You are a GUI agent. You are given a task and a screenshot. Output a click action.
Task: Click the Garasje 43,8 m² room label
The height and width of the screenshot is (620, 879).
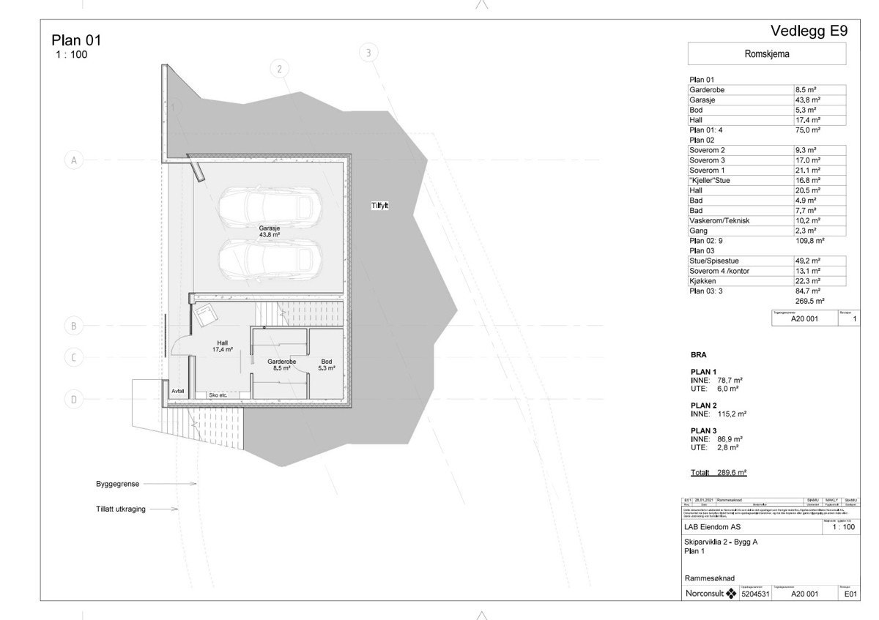[x=269, y=231]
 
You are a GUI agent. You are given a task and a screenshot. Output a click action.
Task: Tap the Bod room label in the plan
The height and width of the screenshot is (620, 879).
[x=327, y=365]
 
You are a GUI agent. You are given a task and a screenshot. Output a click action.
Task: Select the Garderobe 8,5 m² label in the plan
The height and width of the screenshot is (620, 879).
[x=281, y=365]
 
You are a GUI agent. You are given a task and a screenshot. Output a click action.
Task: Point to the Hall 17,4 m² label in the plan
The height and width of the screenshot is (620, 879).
[x=223, y=346]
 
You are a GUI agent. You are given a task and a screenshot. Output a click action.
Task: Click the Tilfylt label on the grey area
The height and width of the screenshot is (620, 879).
[x=379, y=206]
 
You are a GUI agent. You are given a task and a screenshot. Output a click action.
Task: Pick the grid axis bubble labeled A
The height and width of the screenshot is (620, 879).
[x=73, y=160]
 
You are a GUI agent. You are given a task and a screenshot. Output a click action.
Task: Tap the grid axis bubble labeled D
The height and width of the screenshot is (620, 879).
[x=73, y=399]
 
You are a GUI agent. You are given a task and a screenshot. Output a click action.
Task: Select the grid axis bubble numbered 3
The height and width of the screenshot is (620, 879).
[x=368, y=53]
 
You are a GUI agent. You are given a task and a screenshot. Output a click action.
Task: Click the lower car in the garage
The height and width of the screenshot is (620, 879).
[x=268, y=258]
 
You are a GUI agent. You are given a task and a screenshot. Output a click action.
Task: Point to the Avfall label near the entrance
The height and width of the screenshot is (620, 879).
[x=178, y=392]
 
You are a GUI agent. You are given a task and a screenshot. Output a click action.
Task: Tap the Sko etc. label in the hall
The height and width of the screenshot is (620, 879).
[x=218, y=395]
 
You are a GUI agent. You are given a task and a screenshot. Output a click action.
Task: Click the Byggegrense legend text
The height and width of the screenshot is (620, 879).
[x=117, y=484]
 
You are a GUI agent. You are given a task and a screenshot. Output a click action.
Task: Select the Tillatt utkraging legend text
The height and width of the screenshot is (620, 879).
[x=120, y=509]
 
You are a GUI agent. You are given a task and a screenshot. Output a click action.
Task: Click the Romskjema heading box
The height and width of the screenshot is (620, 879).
[x=766, y=54]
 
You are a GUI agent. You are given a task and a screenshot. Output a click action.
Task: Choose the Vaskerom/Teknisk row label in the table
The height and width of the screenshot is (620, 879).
[x=719, y=220]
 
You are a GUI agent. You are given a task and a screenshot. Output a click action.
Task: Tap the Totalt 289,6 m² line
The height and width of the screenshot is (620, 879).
[x=718, y=473]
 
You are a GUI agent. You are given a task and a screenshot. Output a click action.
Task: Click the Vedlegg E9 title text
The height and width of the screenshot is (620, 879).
[x=809, y=31]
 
